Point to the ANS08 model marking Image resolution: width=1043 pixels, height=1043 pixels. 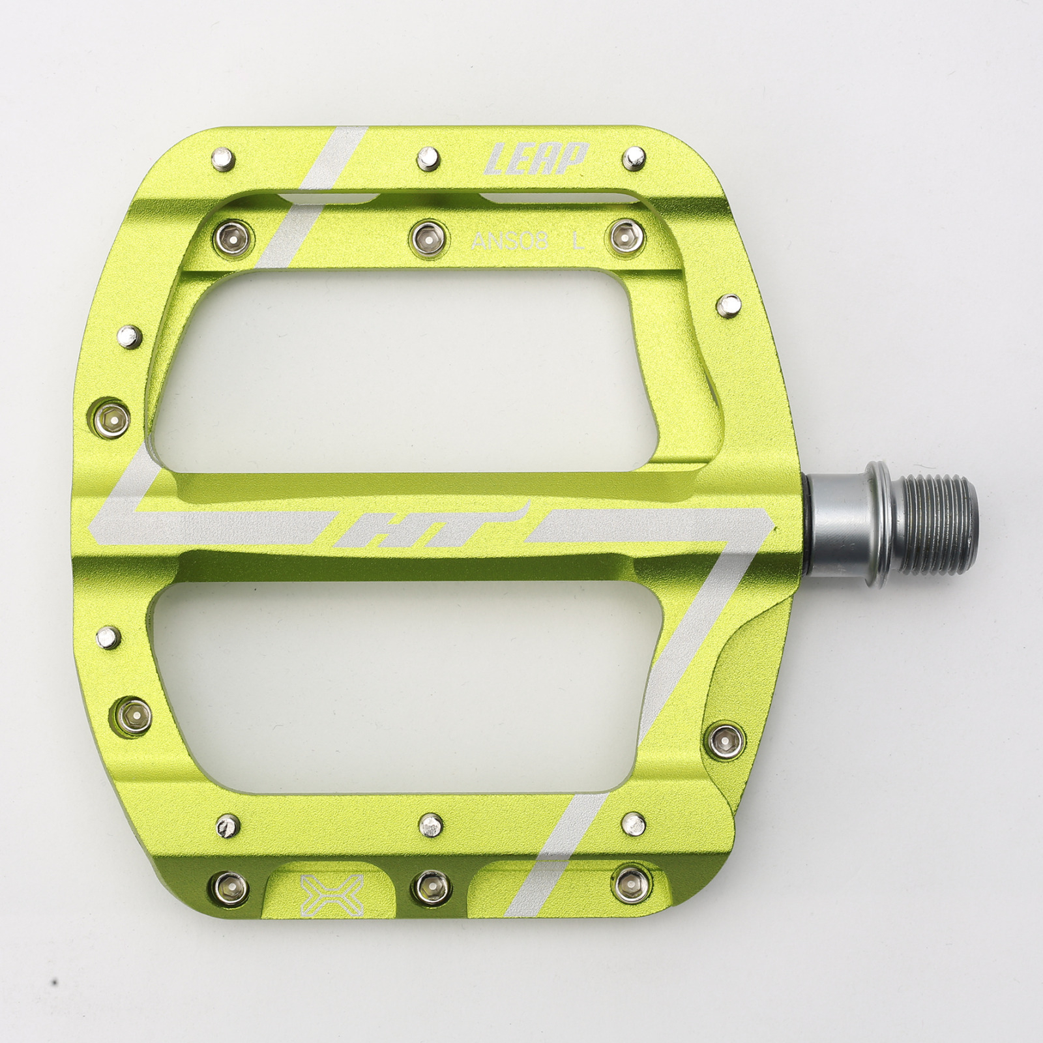510,242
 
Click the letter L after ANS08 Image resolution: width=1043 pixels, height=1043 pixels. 578,242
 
